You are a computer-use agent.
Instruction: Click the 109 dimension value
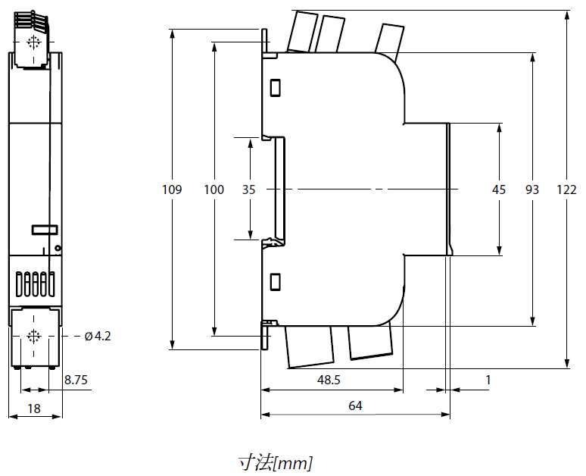pos(173,189)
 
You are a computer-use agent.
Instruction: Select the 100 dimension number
pos(214,189)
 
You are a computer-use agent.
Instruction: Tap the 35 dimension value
pos(249,189)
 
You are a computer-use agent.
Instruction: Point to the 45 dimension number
pos(498,189)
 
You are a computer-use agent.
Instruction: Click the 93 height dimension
pos(532,189)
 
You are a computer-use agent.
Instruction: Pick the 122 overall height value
pos(567,189)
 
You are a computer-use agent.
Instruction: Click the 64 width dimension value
pos(355,406)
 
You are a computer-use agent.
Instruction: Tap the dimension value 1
pos(488,379)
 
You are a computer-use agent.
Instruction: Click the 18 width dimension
pos(33,409)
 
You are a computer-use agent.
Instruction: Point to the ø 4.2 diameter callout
pos(98,336)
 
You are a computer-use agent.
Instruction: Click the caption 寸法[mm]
pos(275,462)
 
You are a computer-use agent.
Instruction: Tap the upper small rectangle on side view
pos(276,88)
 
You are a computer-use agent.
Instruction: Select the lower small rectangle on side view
pos(276,282)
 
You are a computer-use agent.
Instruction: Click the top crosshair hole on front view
pos(33,42)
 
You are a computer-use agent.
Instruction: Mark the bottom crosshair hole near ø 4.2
pos(33,336)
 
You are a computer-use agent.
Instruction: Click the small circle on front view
pos(58,248)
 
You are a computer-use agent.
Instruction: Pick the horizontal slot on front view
pos(44,229)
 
